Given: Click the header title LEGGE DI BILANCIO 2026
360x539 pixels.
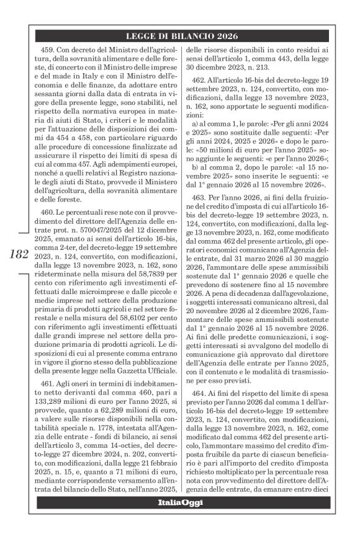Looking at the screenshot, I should coord(187,36).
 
